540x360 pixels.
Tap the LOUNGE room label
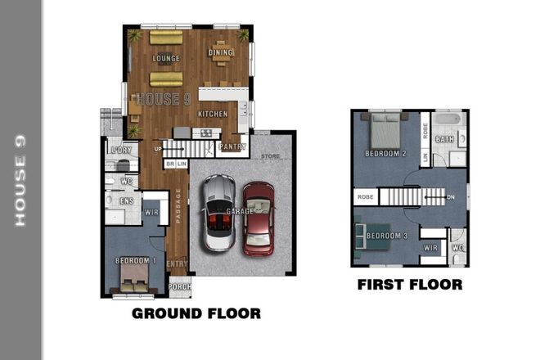pyautogui.click(x=166, y=59)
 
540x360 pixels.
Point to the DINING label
pyautogui.click(x=221, y=53)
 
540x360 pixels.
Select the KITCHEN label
pyautogui.click(x=212, y=114)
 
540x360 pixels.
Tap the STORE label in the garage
pyautogui.click(x=270, y=156)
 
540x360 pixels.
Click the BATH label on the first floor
pyautogui.click(x=444, y=140)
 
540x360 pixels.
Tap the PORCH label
pyautogui.click(x=180, y=286)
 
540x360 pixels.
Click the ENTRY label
pyautogui.click(x=177, y=263)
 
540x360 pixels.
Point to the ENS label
pyautogui.click(x=127, y=200)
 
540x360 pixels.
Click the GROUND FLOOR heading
pyautogui.click(x=196, y=313)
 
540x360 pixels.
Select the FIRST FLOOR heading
pyautogui.click(x=410, y=285)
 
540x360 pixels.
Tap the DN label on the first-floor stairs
pyautogui.click(x=451, y=197)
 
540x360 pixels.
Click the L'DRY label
pyautogui.click(x=121, y=151)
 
